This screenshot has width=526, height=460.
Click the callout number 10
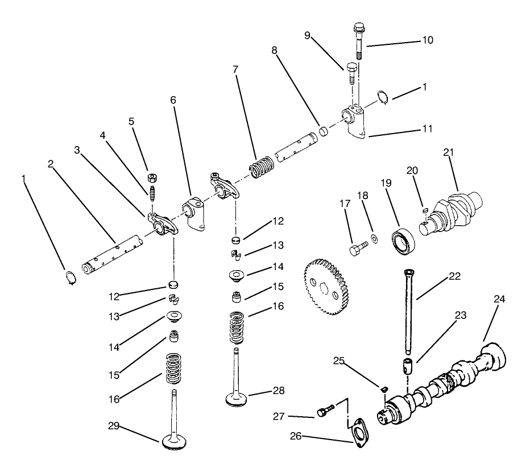coord(427,40)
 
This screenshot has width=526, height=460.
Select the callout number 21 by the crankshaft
coord(449,154)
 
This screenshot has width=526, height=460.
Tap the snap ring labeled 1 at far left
coord(69,278)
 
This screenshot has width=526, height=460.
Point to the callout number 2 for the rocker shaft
coord(51,164)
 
